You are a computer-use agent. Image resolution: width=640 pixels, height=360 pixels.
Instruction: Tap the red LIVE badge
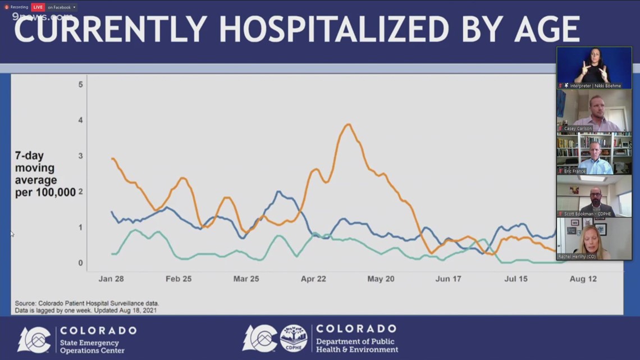coord(38,7)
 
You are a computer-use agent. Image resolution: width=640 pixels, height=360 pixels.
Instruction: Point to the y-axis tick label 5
coord(81,84)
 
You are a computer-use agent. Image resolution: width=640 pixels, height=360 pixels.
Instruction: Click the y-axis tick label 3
coord(81,156)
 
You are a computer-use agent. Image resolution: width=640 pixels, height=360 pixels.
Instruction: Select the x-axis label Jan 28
coord(111,279)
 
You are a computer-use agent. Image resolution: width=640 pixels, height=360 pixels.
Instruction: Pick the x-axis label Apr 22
coord(313,279)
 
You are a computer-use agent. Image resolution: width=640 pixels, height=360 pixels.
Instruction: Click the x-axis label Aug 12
coord(583,279)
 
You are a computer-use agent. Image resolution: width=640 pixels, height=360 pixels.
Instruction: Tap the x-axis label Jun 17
coord(449,279)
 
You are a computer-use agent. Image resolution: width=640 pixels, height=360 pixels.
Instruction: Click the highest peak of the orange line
coord(348,125)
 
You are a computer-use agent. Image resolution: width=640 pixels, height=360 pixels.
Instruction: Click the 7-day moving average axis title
coord(45,174)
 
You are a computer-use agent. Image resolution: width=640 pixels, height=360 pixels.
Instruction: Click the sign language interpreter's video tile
coord(594,67)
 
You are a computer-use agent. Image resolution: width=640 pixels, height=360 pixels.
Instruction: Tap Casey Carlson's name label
coord(578,129)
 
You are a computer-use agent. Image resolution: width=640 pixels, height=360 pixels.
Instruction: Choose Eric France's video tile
coord(594,153)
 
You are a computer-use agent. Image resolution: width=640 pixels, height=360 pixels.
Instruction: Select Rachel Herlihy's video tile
coord(594,239)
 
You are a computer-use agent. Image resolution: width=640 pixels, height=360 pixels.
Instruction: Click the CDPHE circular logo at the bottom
coord(294,339)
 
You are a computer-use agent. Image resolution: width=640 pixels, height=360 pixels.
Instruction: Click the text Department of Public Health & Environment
coord(356,345)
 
